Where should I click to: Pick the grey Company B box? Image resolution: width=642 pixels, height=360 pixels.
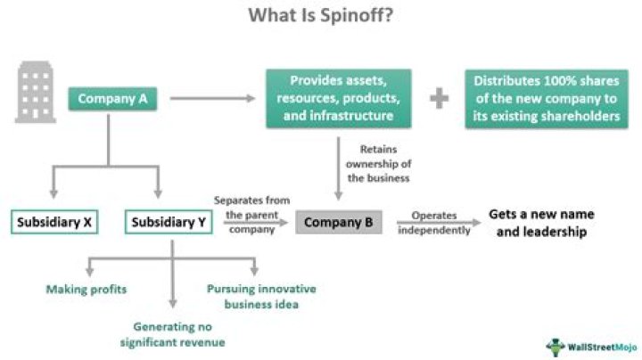tap(338, 222)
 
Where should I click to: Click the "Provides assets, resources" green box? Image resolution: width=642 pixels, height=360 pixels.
tap(338, 98)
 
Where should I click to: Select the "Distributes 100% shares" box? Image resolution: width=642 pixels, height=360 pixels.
tap(547, 98)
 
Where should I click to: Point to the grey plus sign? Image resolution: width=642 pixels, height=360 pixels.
tap(439, 98)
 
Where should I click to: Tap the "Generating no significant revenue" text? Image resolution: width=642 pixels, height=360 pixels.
tap(178, 334)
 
